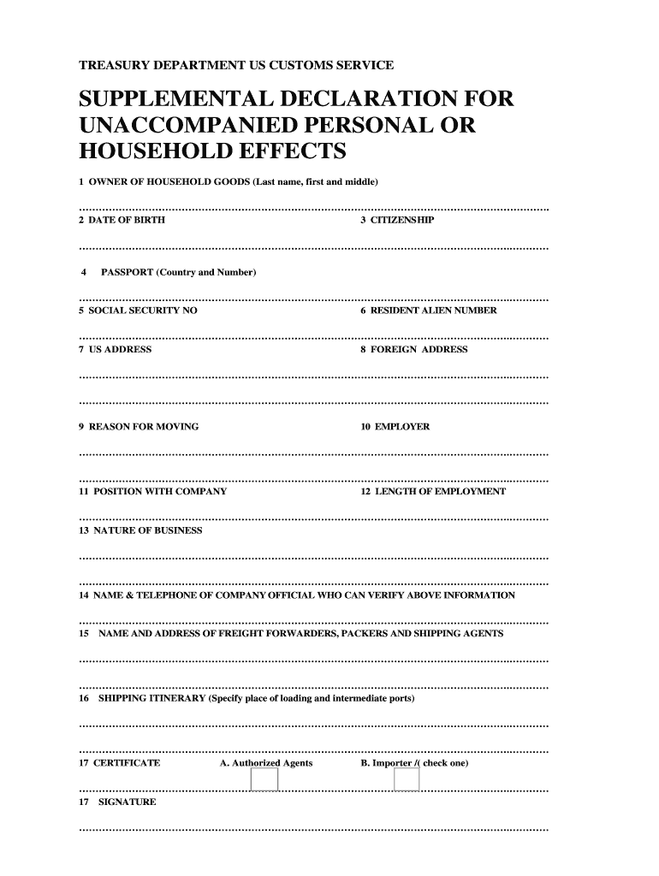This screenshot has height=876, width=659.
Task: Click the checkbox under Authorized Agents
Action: pos(264,779)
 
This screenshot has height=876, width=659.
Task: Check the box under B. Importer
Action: pos(407,779)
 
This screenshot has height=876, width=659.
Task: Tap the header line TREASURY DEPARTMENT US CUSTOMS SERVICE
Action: pos(236,65)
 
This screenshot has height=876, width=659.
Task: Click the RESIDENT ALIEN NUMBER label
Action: pos(433,311)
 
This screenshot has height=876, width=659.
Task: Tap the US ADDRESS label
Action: pos(121,349)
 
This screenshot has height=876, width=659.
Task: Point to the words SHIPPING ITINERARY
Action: pos(152,699)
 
